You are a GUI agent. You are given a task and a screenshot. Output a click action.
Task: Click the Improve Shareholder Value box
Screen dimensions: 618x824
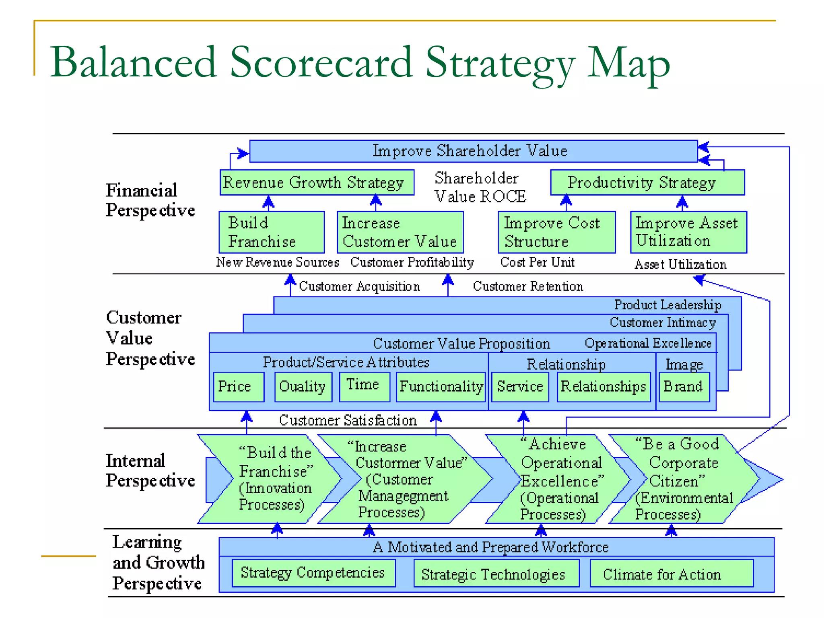(473, 151)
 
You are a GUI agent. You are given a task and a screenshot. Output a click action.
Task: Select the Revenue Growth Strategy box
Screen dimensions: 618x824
(317, 183)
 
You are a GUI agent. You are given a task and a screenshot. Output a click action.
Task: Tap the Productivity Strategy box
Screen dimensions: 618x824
(647, 183)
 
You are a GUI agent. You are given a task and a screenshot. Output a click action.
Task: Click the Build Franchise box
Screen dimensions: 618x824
(272, 232)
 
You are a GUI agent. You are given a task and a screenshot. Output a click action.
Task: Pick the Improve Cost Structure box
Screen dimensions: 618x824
(556, 232)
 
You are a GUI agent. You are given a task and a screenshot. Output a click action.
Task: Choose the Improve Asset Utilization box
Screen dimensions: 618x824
(688, 232)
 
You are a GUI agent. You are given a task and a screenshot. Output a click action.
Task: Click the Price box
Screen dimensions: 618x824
(239, 387)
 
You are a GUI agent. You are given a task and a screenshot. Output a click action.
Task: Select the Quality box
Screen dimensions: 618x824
(303, 387)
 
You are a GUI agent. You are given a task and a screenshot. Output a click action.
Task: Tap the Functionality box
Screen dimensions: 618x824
(441, 387)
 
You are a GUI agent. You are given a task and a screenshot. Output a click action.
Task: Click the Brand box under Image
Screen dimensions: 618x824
(684, 387)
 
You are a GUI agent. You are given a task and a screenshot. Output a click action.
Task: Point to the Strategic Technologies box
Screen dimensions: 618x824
(496, 574)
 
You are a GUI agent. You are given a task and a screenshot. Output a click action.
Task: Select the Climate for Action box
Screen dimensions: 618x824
(671, 574)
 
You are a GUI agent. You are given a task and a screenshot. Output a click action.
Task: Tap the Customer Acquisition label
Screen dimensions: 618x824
(359, 286)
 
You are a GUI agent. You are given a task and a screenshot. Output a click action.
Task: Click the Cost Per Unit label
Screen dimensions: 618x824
(537, 262)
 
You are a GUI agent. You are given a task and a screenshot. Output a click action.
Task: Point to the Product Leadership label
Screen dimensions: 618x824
(667, 305)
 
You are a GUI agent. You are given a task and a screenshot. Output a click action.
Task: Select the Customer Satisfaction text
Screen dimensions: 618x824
(348, 420)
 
